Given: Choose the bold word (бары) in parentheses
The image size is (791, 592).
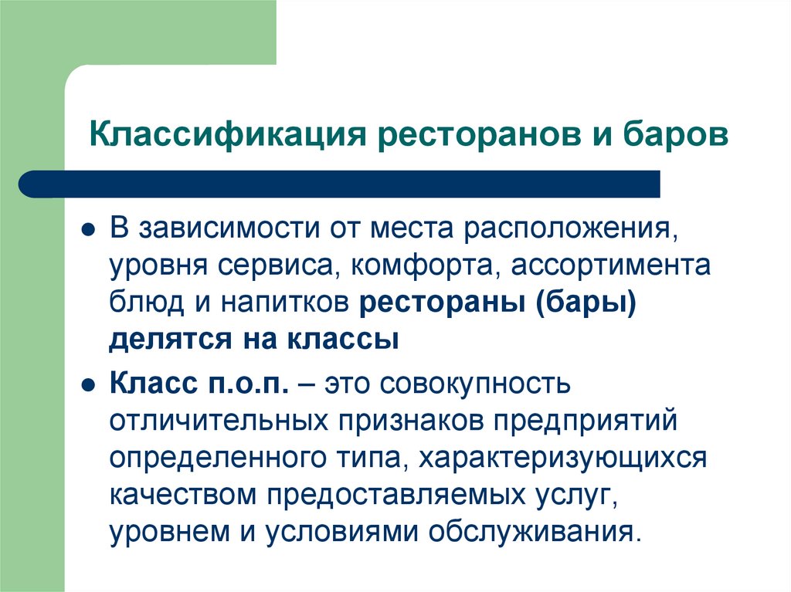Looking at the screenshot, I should pyautogui.click(x=584, y=303).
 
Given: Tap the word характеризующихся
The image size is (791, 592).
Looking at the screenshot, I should pyautogui.click(x=564, y=458).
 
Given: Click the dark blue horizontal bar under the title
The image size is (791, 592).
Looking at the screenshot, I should pyautogui.click(x=340, y=184).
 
